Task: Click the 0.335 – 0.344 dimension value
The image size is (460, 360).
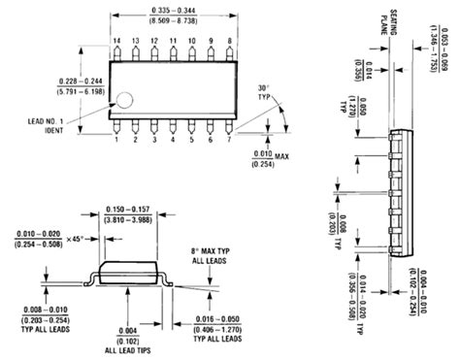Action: coord(173,9)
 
